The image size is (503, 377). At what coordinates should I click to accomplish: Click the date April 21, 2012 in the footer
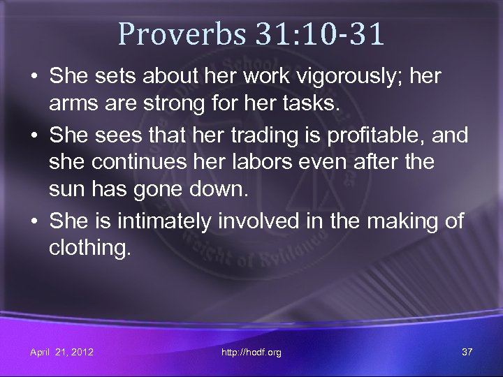point(61,352)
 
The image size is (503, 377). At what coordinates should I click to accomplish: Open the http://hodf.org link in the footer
point(251,352)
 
